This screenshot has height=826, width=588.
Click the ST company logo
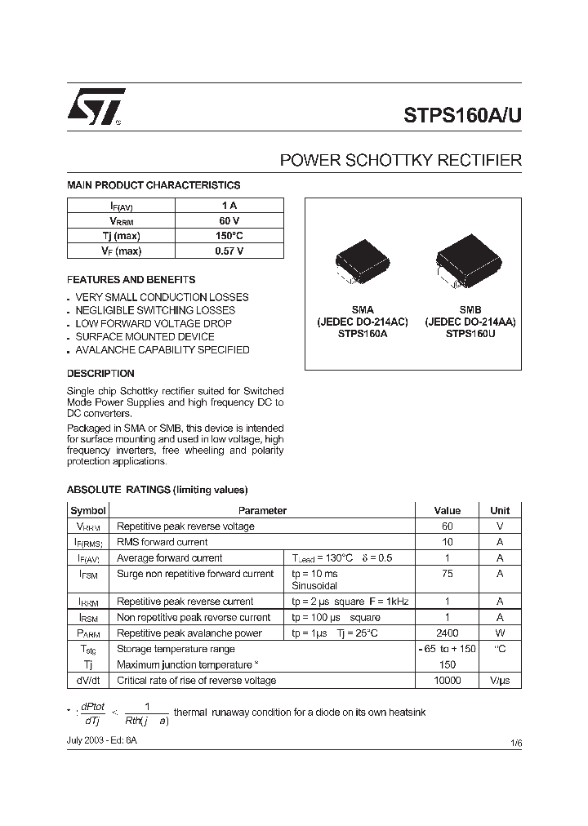tap(96, 106)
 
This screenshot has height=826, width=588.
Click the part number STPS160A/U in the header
tap(462, 115)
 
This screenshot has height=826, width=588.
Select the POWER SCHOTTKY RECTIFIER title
tap(400, 161)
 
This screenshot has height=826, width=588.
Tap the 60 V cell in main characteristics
tap(229, 221)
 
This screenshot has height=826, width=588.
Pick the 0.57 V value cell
tap(229, 251)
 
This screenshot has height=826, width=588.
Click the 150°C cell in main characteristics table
tap(229, 236)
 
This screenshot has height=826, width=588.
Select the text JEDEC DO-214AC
tap(363, 322)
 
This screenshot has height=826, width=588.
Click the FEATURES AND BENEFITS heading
tap(131, 279)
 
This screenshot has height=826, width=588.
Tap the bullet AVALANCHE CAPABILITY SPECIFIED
tap(162, 350)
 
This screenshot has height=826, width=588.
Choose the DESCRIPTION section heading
tap(100, 374)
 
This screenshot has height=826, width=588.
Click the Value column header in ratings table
tap(447, 511)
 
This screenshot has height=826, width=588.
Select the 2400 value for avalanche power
tap(447, 633)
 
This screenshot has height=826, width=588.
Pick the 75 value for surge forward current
tap(447, 574)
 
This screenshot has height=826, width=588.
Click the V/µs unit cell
tap(499, 681)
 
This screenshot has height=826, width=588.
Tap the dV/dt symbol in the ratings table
tap(88, 681)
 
